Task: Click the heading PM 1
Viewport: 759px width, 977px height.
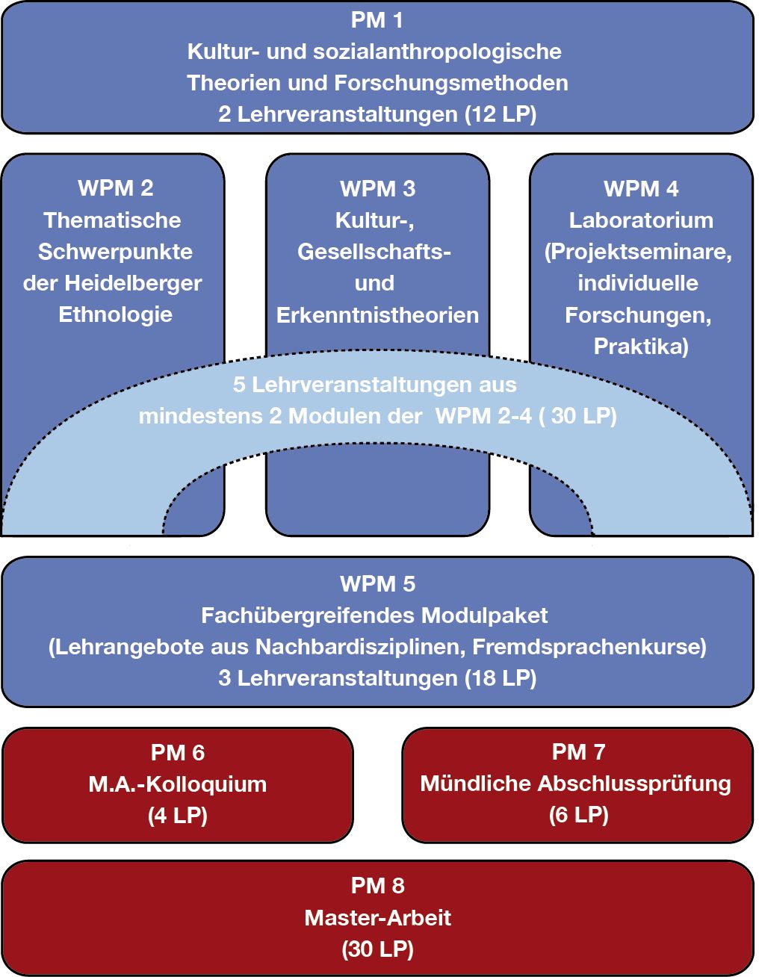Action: (377, 20)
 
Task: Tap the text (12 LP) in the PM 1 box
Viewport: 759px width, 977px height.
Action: (500, 114)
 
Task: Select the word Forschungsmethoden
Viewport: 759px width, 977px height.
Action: (450, 83)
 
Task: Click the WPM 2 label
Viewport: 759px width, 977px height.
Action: (115, 188)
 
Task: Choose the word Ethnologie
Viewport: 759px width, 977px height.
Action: (115, 314)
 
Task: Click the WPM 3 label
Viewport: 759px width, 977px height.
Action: (377, 188)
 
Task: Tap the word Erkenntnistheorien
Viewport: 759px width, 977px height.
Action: (377, 314)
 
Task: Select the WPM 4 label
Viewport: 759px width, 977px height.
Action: (641, 188)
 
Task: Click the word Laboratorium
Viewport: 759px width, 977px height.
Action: (641, 220)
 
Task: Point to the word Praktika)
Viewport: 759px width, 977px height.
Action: (641, 346)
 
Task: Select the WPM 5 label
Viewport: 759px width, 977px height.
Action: (377, 584)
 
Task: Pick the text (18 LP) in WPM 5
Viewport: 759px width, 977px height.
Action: (500, 678)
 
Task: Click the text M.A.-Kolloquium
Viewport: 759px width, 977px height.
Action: (178, 784)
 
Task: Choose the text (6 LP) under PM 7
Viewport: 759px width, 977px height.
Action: (578, 815)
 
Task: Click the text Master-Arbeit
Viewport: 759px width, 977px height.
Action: (377, 917)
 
